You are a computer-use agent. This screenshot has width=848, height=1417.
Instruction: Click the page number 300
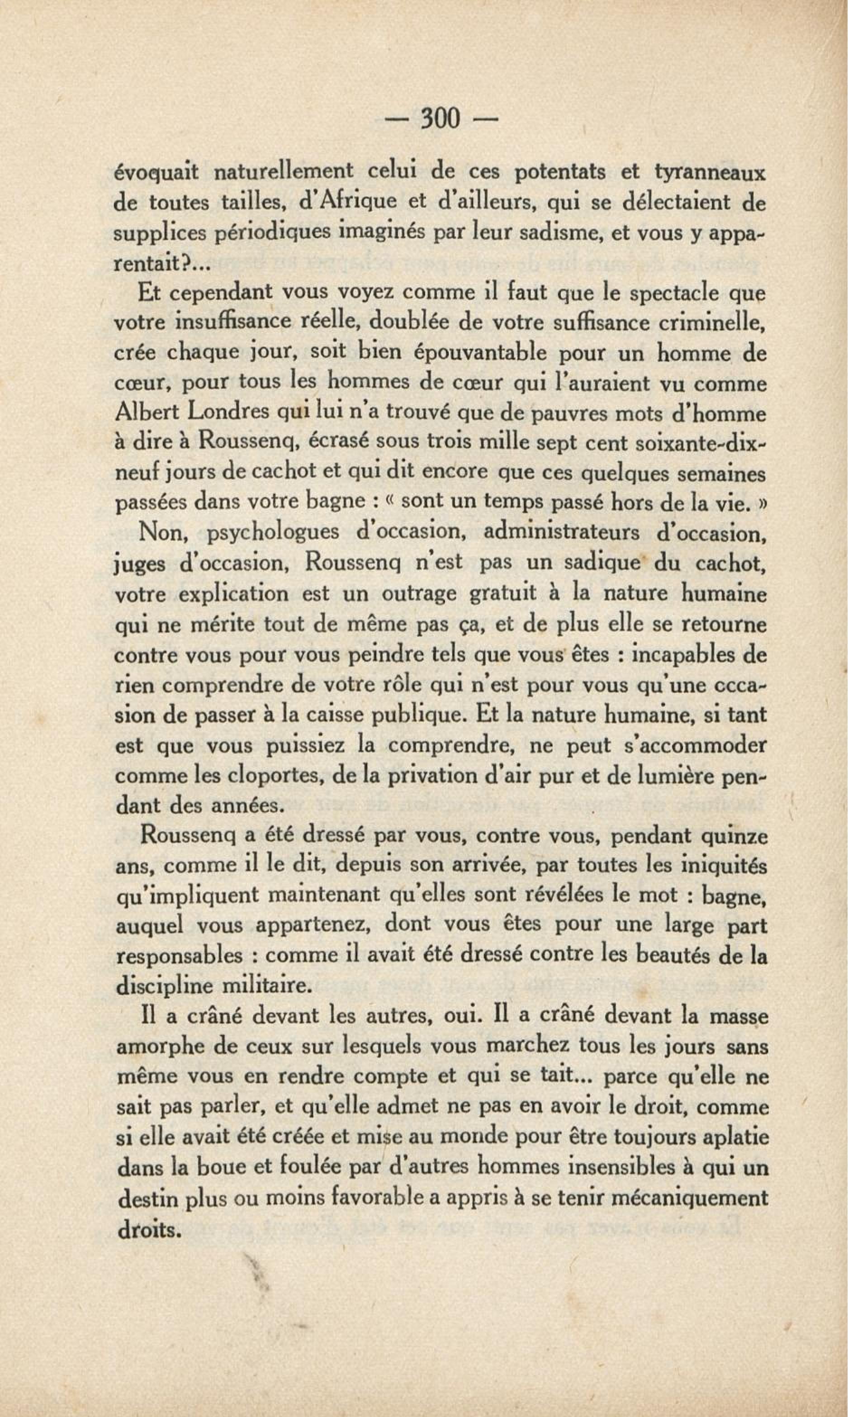[x=440, y=119]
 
